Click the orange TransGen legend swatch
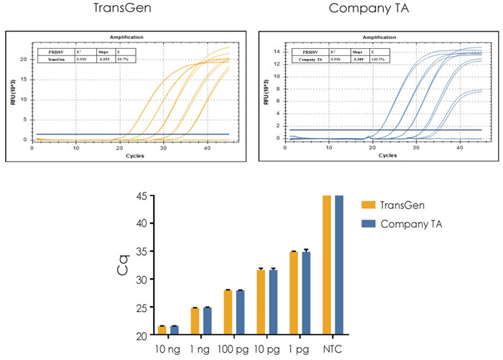coord(370,205)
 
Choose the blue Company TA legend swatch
coord(370,224)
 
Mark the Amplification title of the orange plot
coord(126,36)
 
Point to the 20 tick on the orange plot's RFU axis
coord(24,60)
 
